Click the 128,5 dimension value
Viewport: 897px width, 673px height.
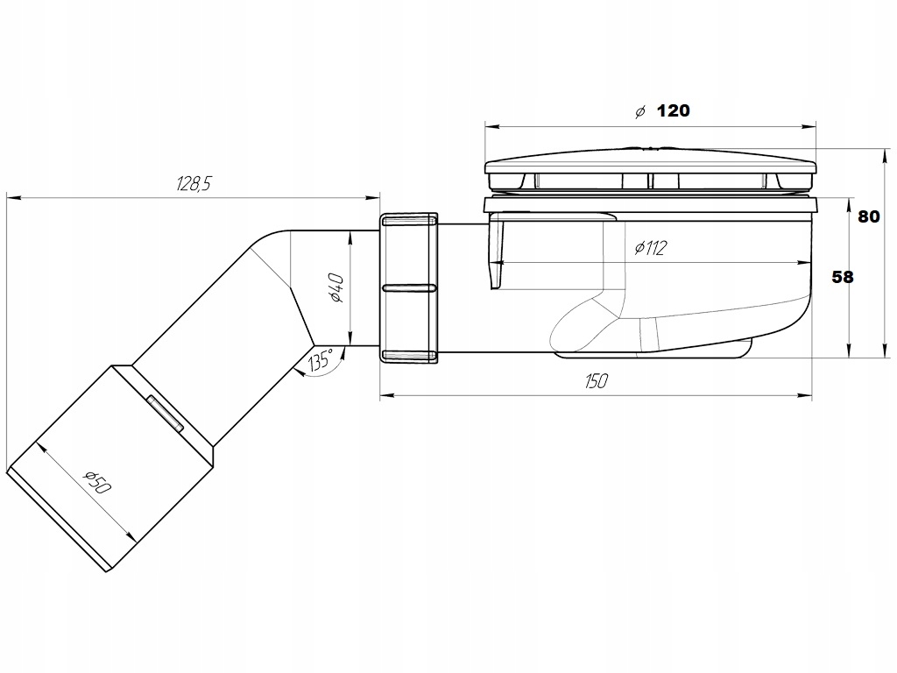pos(194,184)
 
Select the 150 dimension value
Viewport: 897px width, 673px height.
pos(597,380)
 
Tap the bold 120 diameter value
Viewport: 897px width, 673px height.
pos(673,110)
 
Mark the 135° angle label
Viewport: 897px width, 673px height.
pos(321,359)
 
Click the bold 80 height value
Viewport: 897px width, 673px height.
pos(868,216)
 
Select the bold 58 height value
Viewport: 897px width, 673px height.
pos(842,276)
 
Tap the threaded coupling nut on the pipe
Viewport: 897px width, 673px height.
pos(409,287)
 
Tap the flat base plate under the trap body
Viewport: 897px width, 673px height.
pos(653,353)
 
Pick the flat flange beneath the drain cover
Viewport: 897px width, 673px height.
pos(650,207)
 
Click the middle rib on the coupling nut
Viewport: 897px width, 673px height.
pos(409,287)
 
